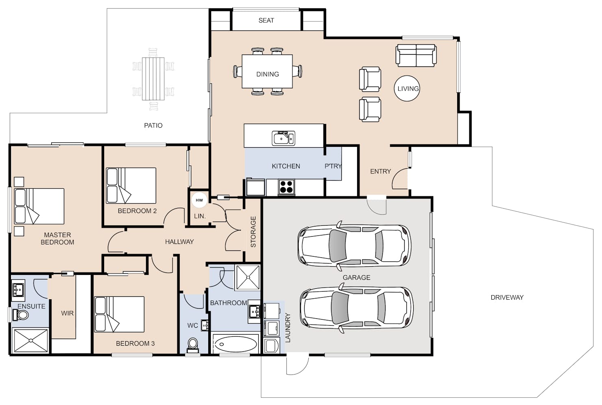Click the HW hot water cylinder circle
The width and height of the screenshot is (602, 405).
[199, 200]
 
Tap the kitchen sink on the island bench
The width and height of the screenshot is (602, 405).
[283, 138]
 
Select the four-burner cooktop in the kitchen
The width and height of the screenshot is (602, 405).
[286, 187]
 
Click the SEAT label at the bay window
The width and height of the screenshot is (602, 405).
[266, 20]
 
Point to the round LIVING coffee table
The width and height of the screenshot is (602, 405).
[407, 88]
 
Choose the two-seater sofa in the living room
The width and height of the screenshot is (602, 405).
[416, 56]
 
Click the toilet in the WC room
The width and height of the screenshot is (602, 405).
[192, 345]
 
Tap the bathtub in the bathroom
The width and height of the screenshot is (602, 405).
[236, 344]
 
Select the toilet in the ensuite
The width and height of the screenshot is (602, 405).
[20, 315]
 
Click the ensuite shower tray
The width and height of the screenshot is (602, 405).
[31, 340]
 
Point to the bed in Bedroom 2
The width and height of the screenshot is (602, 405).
[131, 185]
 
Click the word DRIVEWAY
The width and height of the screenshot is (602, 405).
[507, 298]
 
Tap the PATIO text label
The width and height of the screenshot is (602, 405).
[153, 126]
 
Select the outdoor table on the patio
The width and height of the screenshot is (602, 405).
[153, 79]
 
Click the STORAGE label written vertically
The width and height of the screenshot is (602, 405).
[253, 232]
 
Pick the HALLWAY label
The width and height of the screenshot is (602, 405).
[179, 242]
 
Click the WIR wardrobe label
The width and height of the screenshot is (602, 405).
[67, 313]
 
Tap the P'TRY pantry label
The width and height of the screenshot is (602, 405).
[333, 166]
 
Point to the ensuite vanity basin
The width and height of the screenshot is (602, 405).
[18, 288]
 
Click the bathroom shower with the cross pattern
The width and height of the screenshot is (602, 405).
[248, 277]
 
